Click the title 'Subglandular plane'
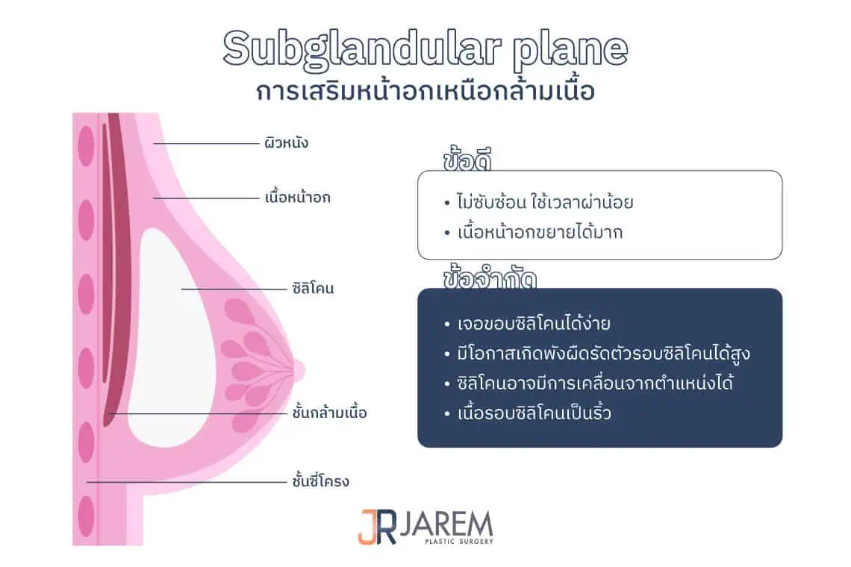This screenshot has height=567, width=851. click(x=425, y=49)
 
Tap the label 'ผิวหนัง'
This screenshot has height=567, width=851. click(x=286, y=142)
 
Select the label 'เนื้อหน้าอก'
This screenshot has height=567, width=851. click(x=297, y=198)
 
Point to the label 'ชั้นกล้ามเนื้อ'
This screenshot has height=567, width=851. click(x=330, y=412)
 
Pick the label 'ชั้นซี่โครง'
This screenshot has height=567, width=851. click(x=320, y=481)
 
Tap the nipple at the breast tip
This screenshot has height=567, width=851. click(x=298, y=367)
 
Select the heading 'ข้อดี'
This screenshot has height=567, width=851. click(x=470, y=160)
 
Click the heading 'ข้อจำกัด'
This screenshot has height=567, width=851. click(x=490, y=278)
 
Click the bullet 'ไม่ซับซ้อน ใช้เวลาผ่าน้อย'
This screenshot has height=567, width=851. click(x=549, y=202)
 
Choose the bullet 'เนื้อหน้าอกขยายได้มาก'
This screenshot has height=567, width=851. click(x=540, y=232)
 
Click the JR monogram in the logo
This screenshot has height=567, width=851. click(x=377, y=526)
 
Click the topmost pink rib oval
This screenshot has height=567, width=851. click(x=87, y=146)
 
